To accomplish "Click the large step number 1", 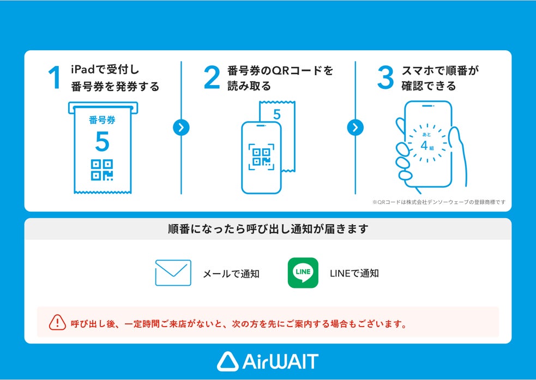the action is click(x=55, y=77).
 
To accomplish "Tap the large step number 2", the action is click(x=212, y=77).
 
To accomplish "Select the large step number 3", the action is click(x=386, y=77).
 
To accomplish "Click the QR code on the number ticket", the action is click(x=102, y=170).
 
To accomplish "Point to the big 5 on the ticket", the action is click(x=102, y=141).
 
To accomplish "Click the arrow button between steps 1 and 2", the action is click(x=181, y=128).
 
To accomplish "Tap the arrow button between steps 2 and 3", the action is click(x=355, y=128).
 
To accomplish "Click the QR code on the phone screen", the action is click(x=262, y=157).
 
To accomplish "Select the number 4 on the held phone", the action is click(x=424, y=146).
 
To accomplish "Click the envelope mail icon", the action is click(x=173, y=273).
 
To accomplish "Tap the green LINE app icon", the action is click(x=303, y=273).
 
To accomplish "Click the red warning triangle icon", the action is click(x=57, y=323).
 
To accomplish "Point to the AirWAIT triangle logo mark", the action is click(x=228, y=361).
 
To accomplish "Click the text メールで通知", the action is click(x=231, y=274).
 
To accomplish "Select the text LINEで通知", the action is click(x=354, y=273).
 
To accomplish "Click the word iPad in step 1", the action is click(x=82, y=69).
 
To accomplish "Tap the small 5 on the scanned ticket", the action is click(x=277, y=114).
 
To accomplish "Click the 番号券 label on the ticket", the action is click(x=102, y=120).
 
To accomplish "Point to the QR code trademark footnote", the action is click(x=438, y=202).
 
